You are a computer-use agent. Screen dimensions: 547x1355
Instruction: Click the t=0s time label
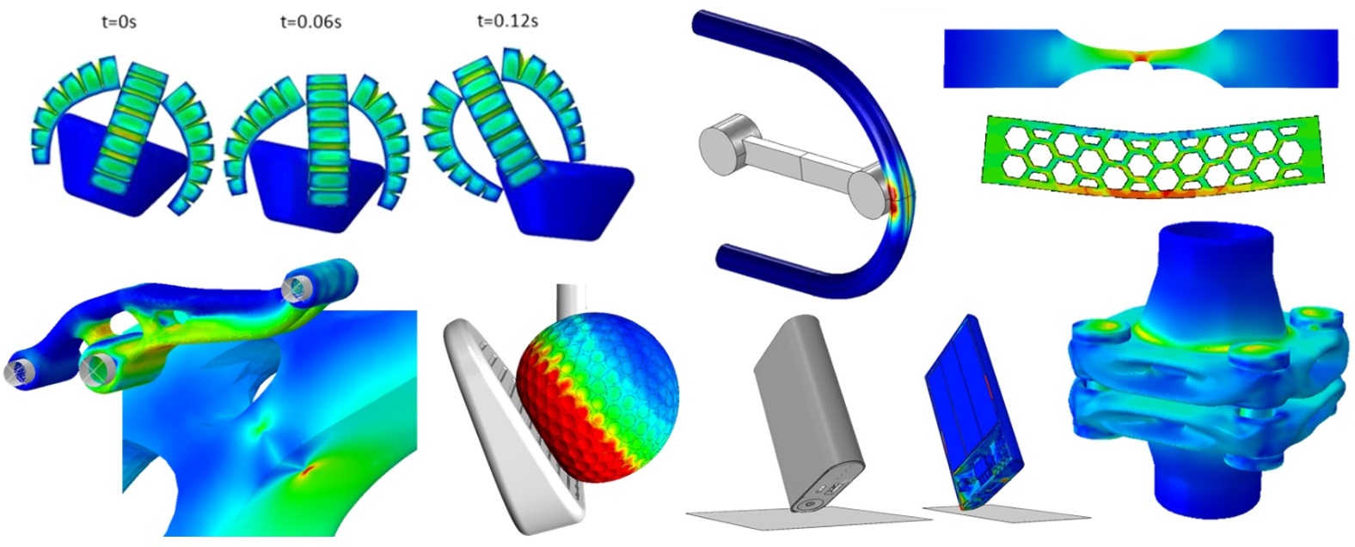pyautogui.click(x=120, y=21)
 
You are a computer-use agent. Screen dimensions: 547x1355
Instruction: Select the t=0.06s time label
pyautogui.click(x=310, y=21)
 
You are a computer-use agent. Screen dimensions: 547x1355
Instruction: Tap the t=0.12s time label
pyautogui.click(x=507, y=20)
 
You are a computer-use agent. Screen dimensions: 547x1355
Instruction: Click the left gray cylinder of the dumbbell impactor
pyautogui.click(x=726, y=141)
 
